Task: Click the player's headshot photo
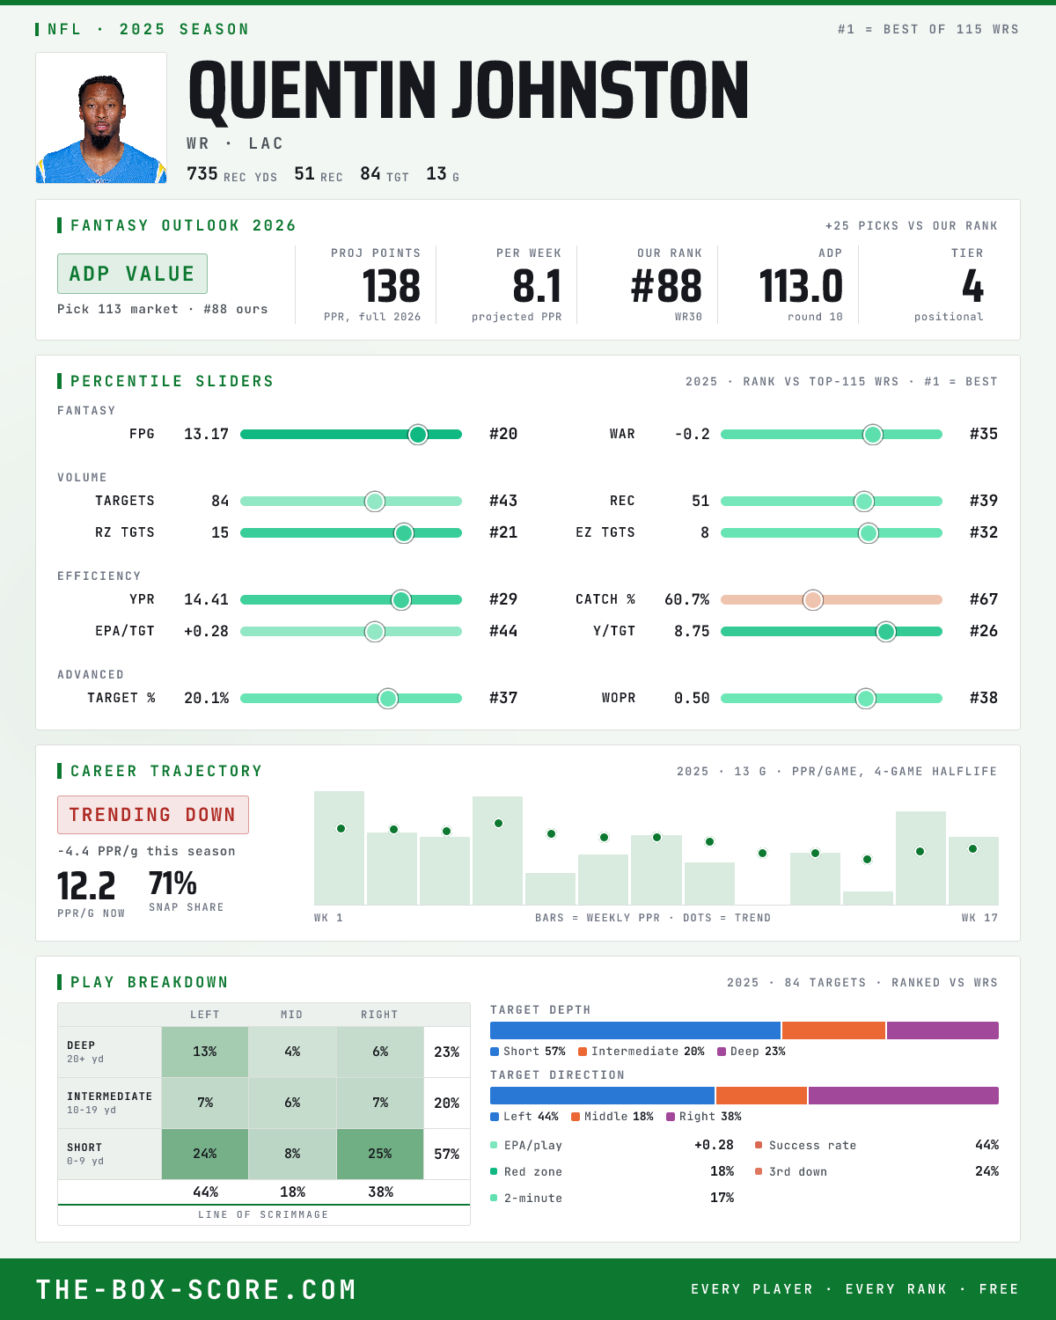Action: point(101,118)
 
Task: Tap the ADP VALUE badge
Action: point(132,274)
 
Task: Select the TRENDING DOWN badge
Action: point(153,815)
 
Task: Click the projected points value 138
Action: point(391,287)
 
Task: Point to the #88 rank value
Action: point(666,287)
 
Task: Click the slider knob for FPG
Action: point(418,434)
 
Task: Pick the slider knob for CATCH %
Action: point(813,600)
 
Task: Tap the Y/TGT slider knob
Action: point(886,631)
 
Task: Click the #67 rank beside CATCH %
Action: point(984,599)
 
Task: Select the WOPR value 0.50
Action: point(692,698)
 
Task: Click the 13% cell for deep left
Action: point(205,1052)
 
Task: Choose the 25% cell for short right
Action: point(380,1154)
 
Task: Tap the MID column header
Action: point(292,1015)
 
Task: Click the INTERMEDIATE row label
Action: point(109,1096)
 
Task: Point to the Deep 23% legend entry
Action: point(752,1052)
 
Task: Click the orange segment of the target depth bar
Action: point(834,1030)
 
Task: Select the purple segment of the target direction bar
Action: point(903,1096)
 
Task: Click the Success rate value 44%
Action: point(986,1145)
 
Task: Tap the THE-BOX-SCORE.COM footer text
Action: point(196,1289)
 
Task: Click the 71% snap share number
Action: point(172,884)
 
